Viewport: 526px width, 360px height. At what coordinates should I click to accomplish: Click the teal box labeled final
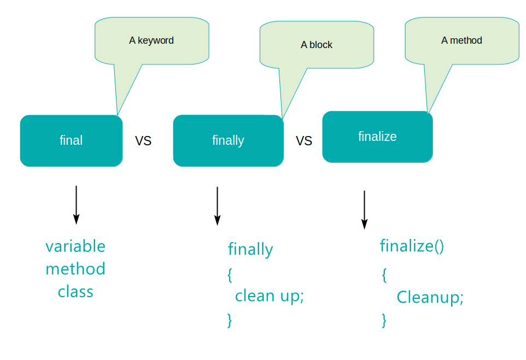(71, 140)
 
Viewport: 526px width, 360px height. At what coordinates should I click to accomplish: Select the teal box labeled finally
(228, 140)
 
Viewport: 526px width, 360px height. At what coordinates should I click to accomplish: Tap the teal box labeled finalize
(377, 137)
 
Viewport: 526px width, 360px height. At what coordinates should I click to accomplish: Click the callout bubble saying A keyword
(151, 40)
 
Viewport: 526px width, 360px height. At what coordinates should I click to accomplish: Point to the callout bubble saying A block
(317, 45)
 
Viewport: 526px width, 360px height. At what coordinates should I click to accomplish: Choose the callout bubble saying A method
(461, 40)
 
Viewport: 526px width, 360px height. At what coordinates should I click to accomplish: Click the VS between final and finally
(143, 141)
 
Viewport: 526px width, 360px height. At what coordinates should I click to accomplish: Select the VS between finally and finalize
(304, 141)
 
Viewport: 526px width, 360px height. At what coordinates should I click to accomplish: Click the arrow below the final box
(76, 205)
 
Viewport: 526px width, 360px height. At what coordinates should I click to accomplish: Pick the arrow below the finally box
(217, 206)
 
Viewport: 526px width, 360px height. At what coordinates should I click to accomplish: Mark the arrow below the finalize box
(364, 210)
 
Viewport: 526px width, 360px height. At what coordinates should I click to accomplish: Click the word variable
(75, 246)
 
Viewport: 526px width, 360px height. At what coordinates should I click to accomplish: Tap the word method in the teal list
(75, 269)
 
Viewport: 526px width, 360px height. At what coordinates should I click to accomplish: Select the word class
(75, 292)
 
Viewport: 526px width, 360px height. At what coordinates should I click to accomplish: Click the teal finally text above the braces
(250, 250)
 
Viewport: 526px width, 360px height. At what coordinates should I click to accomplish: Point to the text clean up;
(269, 296)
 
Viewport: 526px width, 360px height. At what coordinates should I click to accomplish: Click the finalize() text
(412, 246)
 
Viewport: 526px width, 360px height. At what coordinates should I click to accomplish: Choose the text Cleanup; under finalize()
(430, 297)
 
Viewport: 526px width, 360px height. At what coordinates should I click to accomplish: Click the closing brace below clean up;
(230, 320)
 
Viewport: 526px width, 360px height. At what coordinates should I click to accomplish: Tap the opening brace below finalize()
(384, 275)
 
